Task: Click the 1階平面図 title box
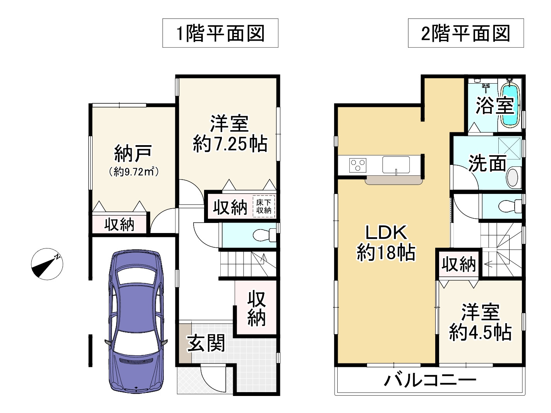(220, 33)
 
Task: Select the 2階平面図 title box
(466, 33)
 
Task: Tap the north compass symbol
(47, 264)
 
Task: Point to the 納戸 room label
(133, 154)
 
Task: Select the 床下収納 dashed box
(264, 206)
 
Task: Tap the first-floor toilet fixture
(264, 235)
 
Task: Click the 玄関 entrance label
(206, 343)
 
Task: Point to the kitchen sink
(396, 165)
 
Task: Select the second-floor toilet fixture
(510, 206)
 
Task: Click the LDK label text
(386, 233)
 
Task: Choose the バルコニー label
(430, 380)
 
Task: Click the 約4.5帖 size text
(480, 332)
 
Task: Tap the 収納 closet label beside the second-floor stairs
(458, 264)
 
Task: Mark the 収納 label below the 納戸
(119, 224)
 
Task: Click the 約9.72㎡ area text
(134, 172)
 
